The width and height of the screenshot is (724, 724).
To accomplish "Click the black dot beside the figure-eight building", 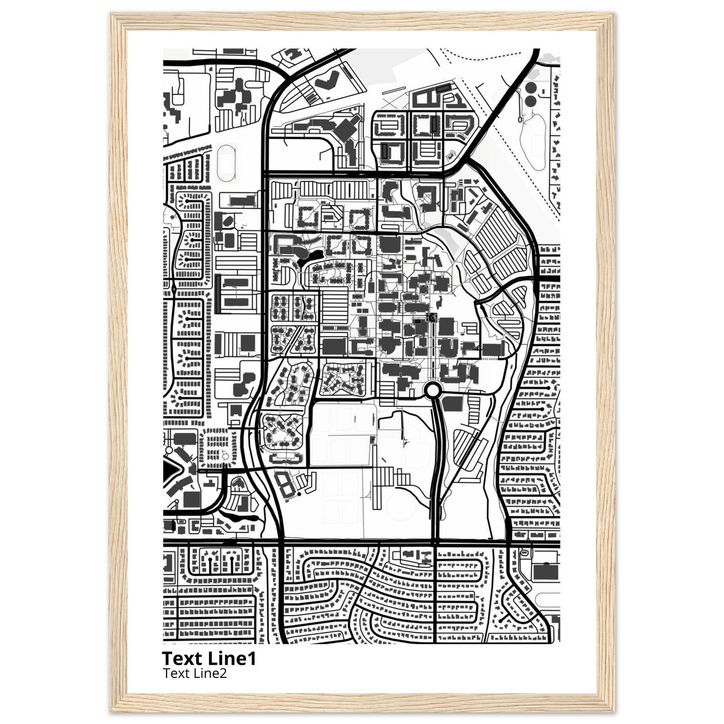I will tap(299, 494).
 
